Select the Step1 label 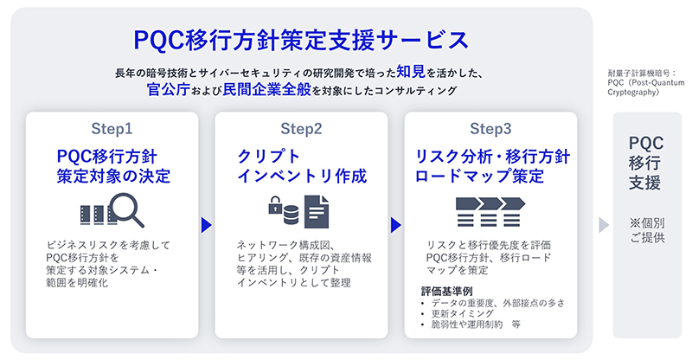(x=112, y=129)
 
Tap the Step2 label (x=301, y=129)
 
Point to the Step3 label (x=490, y=129)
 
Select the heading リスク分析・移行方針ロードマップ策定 (x=490, y=165)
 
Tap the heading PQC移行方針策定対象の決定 (x=112, y=165)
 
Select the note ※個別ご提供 (x=646, y=229)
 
